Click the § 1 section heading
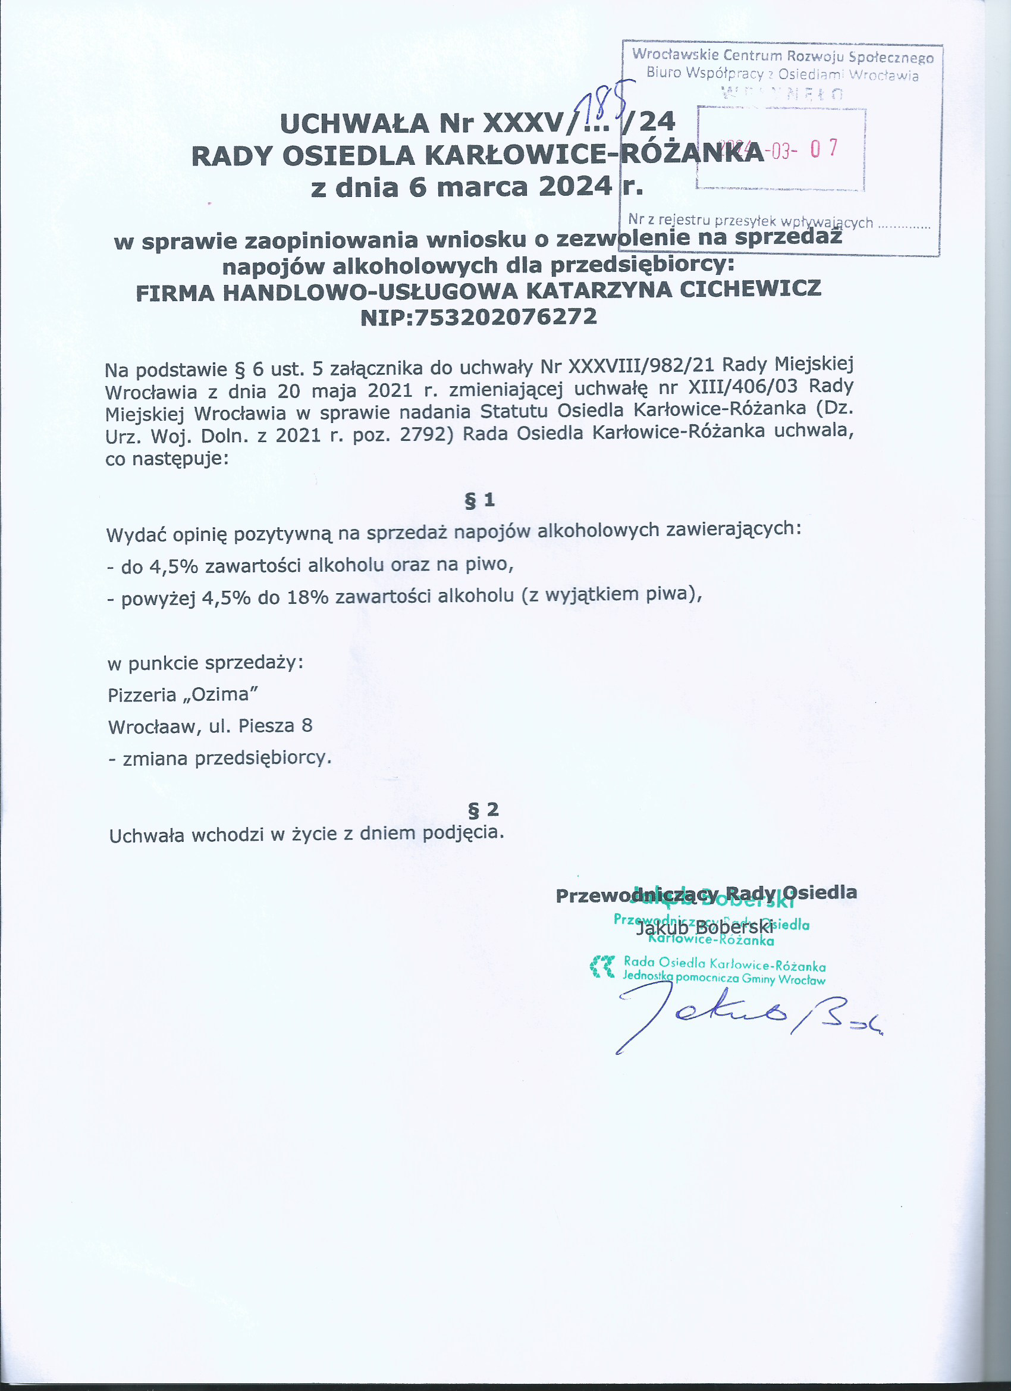tap(479, 500)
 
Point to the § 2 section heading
tap(483, 810)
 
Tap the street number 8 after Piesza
tap(307, 726)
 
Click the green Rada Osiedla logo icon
tap(602, 967)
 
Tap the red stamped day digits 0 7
tap(824, 149)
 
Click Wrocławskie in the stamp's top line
tap(674, 55)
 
